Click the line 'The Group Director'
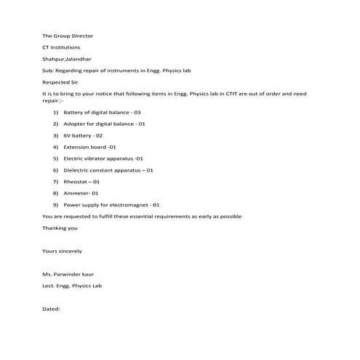pos(68,36)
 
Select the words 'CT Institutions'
pos(63,47)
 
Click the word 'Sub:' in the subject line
pos(49,70)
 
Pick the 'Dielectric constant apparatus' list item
pos(108,169)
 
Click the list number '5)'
pos(56,158)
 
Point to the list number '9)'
pos(56,204)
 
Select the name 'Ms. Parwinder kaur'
pos(68,274)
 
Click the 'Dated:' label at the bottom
pos(51,308)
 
